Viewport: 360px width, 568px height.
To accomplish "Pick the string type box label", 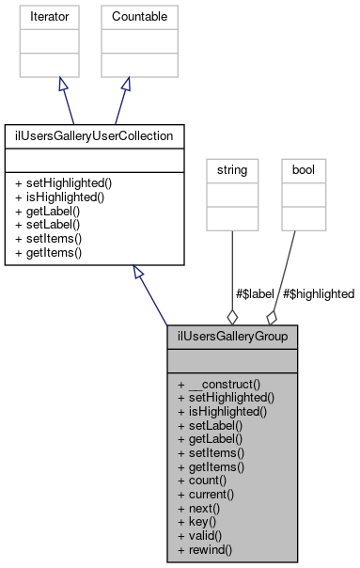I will click(232, 171).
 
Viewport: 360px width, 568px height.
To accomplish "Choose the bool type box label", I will click(308, 171).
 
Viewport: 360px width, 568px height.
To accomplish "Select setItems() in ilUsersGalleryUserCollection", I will click(47, 238).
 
